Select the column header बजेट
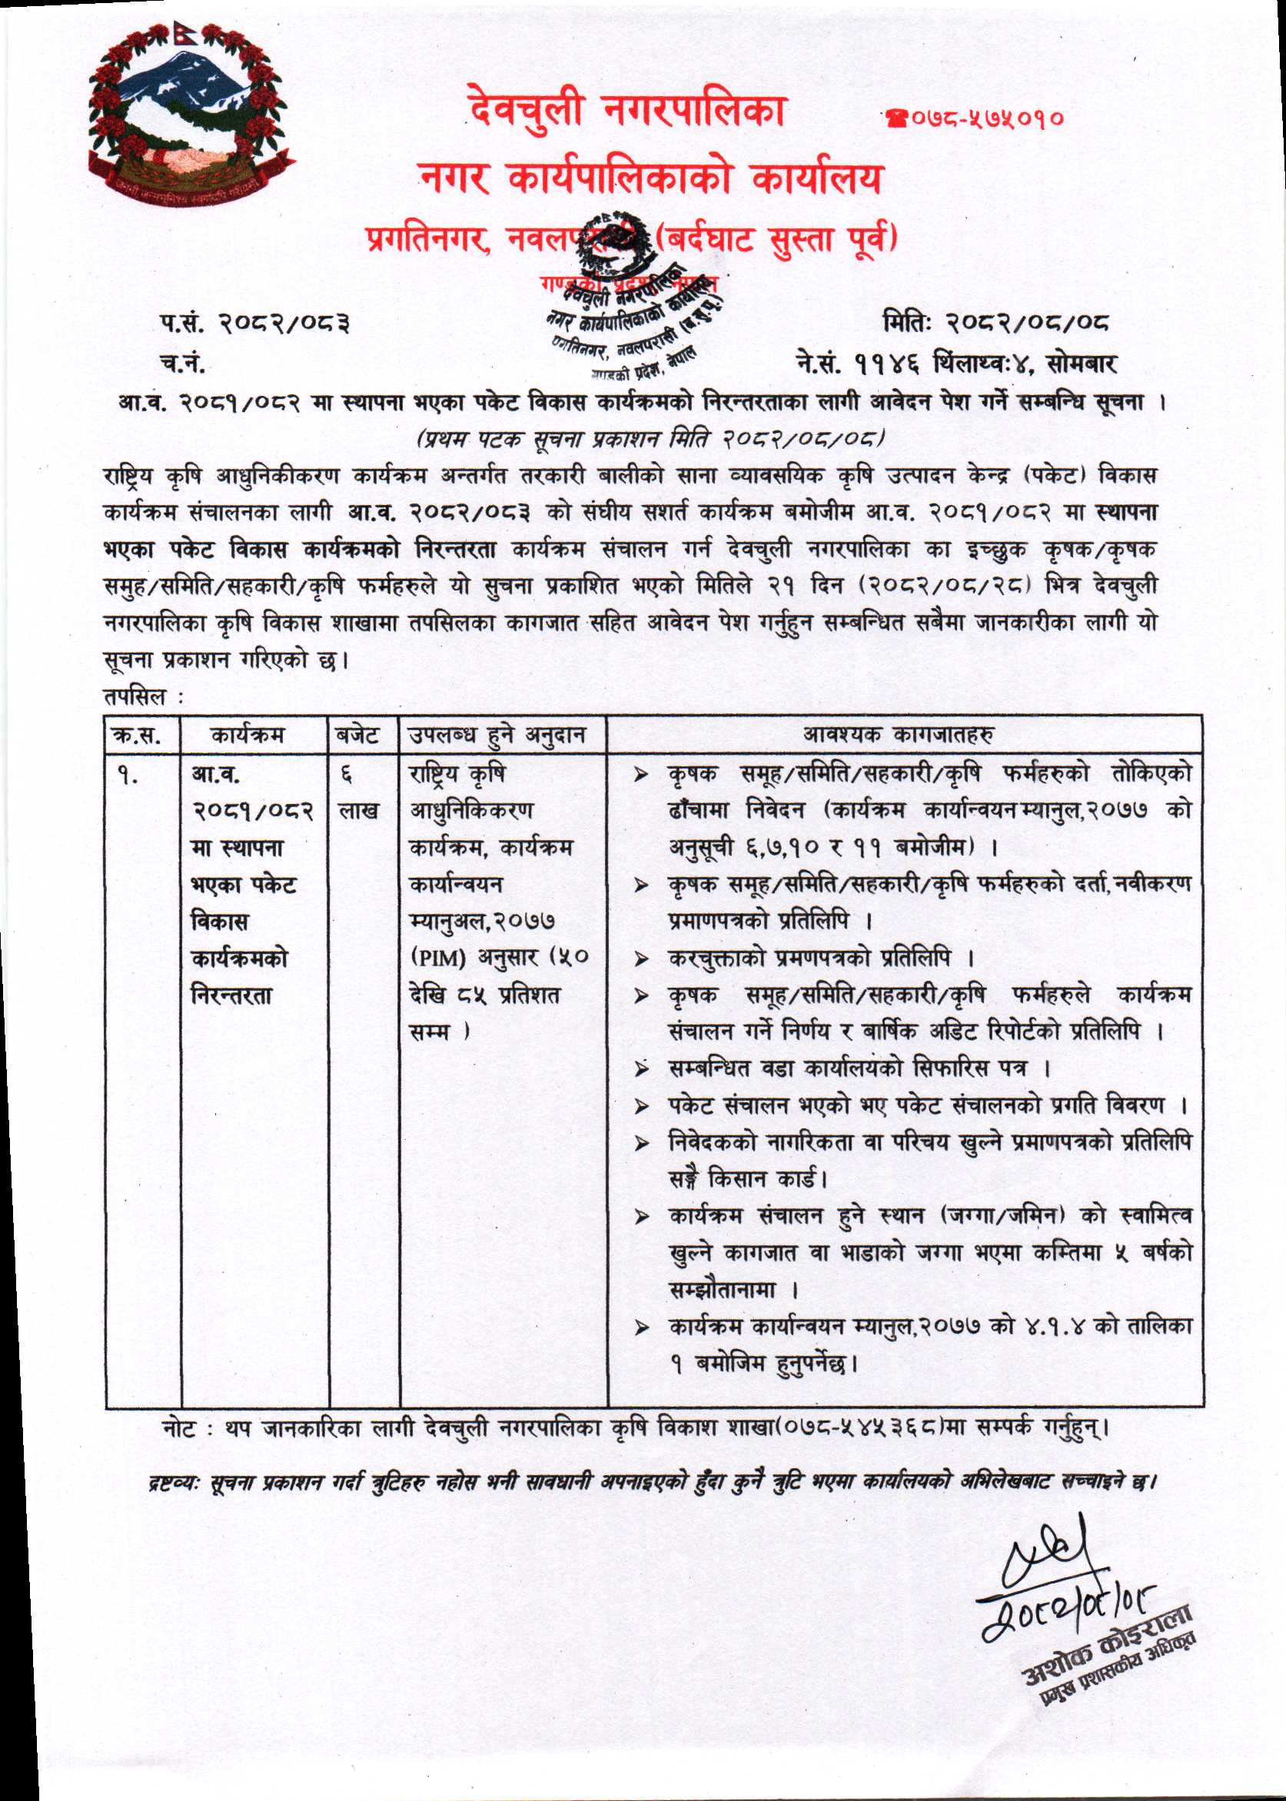point(357,736)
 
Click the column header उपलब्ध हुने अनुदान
point(497,736)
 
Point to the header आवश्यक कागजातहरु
point(899,735)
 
